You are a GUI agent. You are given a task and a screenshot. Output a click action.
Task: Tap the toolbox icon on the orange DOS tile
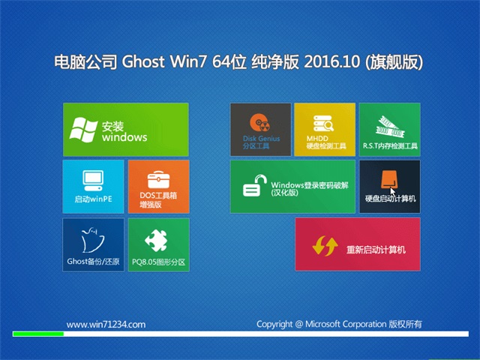pyautogui.click(x=158, y=179)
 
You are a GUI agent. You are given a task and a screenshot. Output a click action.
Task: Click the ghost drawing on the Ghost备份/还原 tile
pyautogui.click(x=92, y=240)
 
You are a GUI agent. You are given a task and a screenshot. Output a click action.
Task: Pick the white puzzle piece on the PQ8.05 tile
pyautogui.click(x=157, y=240)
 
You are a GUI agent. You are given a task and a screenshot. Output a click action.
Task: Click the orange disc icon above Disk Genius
pyautogui.click(x=259, y=123)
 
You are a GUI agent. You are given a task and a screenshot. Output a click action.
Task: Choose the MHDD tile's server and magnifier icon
pyautogui.click(x=323, y=124)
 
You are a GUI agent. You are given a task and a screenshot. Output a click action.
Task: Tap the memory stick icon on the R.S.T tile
pyautogui.click(x=390, y=127)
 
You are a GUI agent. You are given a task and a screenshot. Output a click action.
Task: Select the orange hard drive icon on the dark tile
pyautogui.click(x=388, y=179)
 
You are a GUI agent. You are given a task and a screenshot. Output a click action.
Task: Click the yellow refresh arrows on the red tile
pyautogui.click(x=325, y=245)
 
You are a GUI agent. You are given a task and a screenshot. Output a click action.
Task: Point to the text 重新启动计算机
pyautogui.click(x=376, y=250)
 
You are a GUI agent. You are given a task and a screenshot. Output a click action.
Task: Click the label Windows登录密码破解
pyautogui.click(x=310, y=185)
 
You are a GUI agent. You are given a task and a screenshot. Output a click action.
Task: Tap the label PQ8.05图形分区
pyautogui.click(x=158, y=262)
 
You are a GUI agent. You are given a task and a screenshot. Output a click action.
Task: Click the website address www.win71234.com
pyautogui.click(x=106, y=325)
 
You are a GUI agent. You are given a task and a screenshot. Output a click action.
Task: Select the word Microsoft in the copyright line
pyautogui.click(x=322, y=324)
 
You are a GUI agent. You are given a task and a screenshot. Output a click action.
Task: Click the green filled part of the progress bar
pyautogui.click(x=38, y=334)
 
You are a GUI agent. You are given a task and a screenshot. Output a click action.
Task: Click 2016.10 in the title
pyautogui.click(x=332, y=61)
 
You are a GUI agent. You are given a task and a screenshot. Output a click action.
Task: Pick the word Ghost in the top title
pyautogui.click(x=143, y=61)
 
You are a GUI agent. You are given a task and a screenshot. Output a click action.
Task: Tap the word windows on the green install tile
pyautogui.click(x=124, y=137)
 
